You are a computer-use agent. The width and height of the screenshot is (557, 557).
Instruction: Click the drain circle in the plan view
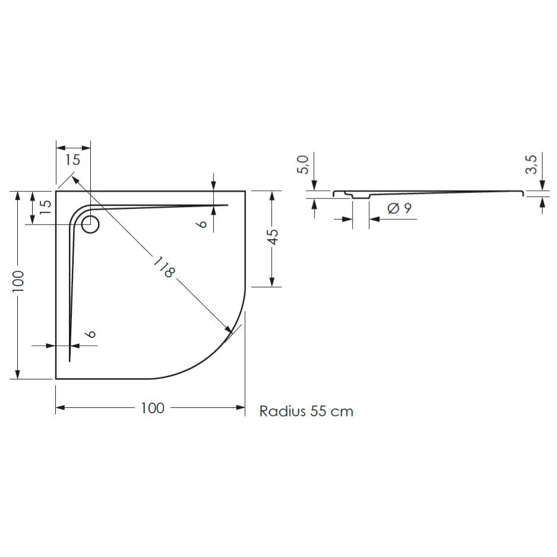click(91, 224)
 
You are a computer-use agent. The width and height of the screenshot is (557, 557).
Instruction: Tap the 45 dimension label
click(272, 237)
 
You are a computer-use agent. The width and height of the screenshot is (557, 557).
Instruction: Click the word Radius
click(282, 411)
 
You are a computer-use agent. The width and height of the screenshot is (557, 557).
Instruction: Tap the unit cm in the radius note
click(342, 411)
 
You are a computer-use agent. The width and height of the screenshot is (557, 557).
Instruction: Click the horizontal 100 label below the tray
click(153, 408)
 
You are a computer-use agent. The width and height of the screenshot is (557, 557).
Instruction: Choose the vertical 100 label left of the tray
click(18, 283)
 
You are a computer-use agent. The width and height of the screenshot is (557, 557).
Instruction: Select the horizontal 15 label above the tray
click(73, 159)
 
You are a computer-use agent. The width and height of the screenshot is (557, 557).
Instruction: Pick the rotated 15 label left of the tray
click(45, 205)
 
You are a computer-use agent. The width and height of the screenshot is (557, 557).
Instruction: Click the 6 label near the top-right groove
click(203, 223)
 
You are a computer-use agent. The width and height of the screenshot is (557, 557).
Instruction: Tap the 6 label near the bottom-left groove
click(90, 334)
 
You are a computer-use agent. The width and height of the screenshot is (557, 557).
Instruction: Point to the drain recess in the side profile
click(360, 197)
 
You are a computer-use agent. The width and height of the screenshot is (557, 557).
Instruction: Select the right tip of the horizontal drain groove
click(228, 205)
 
